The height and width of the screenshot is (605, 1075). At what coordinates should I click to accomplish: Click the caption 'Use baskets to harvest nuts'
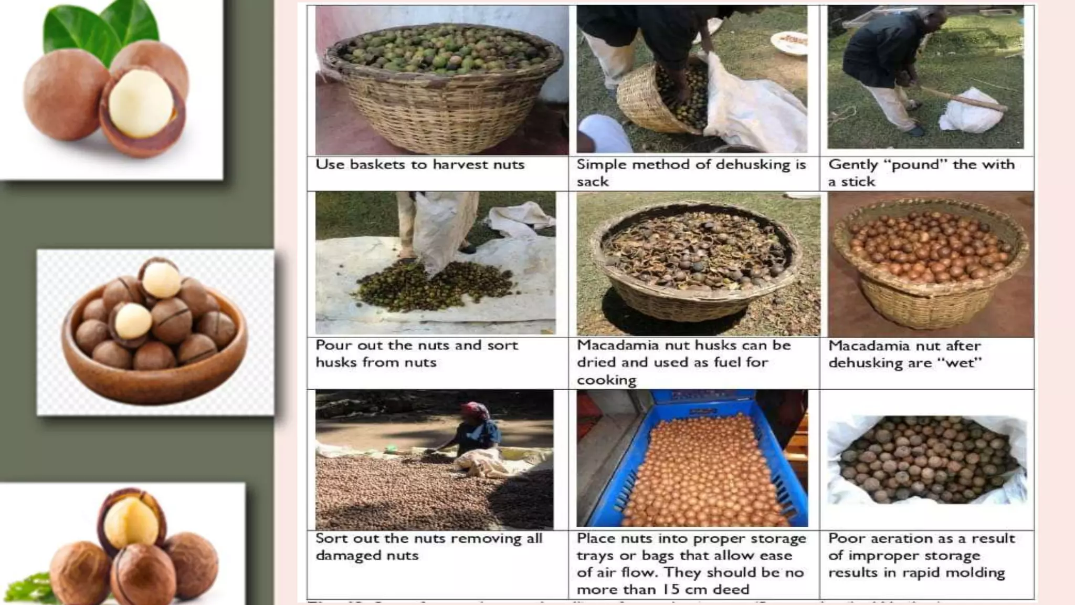(x=420, y=165)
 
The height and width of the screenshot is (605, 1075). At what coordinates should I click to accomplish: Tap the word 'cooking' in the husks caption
(x=606, y=380)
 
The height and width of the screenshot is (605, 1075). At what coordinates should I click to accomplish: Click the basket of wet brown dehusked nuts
(x=929, y=263)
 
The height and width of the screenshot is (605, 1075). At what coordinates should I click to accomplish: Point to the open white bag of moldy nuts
(x=926, y=460)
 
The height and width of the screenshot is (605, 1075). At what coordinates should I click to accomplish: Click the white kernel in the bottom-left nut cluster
(x=131, y=523)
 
